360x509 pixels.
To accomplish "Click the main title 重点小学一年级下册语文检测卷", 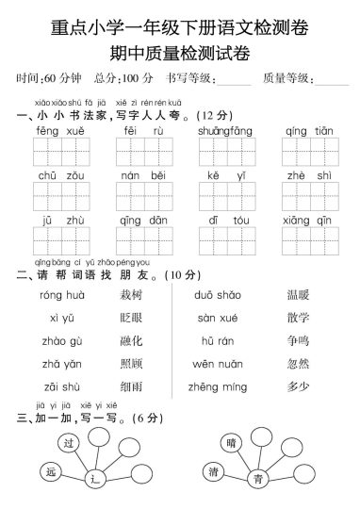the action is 180,21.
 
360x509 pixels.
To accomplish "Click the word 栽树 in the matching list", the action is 131,296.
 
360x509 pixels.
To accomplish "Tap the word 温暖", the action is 299,296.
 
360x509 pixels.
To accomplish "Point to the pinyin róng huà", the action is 57,296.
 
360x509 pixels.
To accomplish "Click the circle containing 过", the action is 65,441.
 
